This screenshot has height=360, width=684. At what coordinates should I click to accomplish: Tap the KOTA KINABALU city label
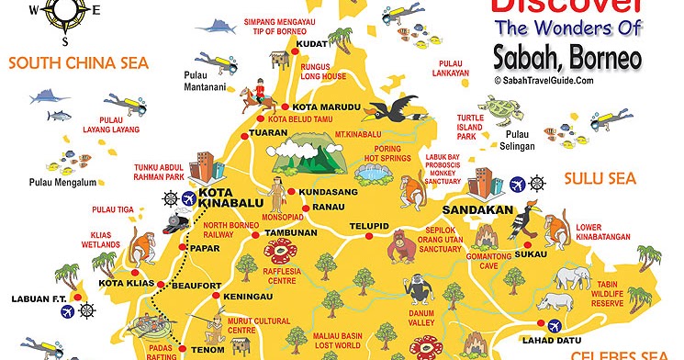point(229,199)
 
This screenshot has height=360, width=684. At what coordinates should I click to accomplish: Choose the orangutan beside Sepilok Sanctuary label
point(400,245)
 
